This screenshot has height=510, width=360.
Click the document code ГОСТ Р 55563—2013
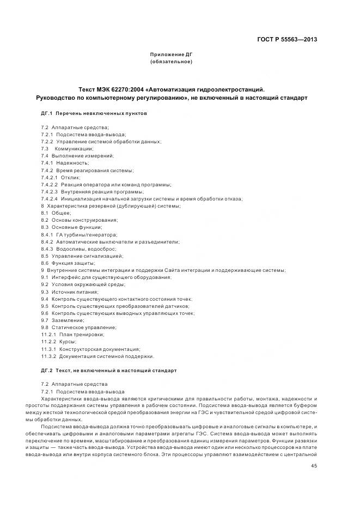[287, 39]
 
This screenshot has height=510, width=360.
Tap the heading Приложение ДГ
[172, 55]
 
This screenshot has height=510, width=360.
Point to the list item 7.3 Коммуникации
[67, 148]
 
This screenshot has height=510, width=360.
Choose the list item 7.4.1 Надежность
[65, 163]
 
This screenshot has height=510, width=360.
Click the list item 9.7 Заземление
[63, 320]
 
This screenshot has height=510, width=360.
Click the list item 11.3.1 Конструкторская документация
[90, 349]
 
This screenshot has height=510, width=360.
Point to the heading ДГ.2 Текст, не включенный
[109, 371]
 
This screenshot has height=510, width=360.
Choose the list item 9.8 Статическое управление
[78, 327]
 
